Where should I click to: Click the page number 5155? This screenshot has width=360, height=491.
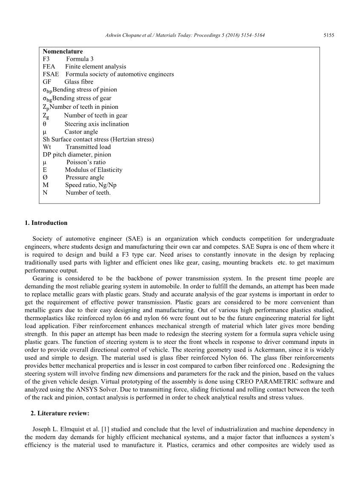coord(329,35)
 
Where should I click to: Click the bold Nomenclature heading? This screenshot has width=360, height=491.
coord(63,51)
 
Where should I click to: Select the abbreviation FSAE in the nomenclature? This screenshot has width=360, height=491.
coord(51,74)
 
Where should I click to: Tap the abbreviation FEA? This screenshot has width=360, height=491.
coord(49,66)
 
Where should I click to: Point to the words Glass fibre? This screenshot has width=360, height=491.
coord(79,82)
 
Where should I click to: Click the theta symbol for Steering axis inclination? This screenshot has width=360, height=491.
coord(45,124)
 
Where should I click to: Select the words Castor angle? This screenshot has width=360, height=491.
coord(81,132)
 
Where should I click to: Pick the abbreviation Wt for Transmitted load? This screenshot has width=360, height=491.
coord(47,147)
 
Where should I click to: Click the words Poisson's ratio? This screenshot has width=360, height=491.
coord(86,162)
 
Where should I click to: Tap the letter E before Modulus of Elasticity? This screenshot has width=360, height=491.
coord(45,170)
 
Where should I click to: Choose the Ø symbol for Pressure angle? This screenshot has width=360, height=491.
coord(45,177)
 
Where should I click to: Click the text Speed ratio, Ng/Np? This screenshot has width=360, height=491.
coord(91,185)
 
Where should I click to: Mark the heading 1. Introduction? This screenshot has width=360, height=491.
coord(46,223)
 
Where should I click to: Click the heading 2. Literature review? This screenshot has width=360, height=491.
coord(60,413)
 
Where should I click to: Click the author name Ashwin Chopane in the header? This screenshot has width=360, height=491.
coord(121,35)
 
